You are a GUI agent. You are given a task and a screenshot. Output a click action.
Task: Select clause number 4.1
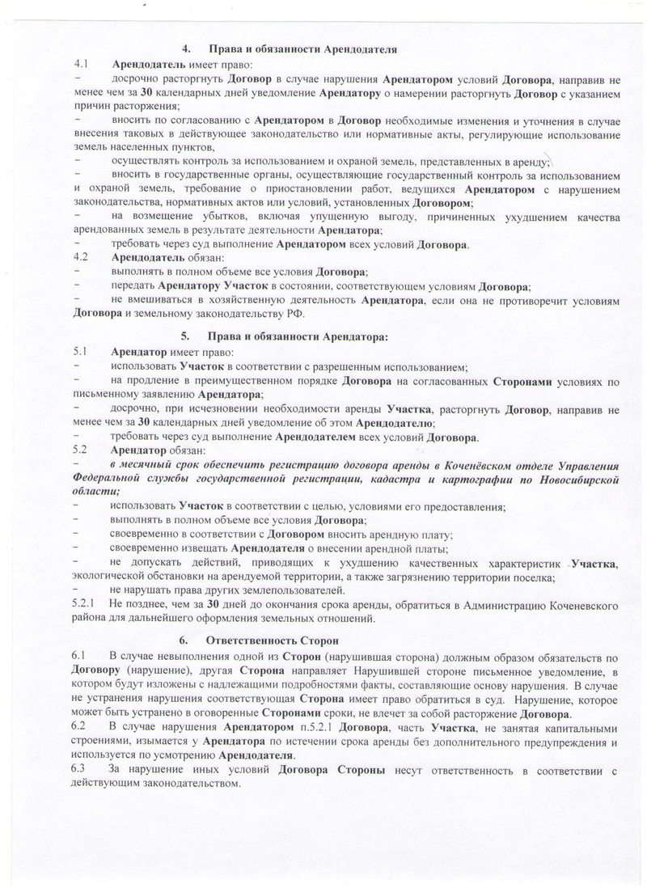pos(81,63)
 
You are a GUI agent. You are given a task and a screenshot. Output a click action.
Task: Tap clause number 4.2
pos(81,257)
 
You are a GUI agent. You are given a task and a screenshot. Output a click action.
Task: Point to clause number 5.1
pos(81,353)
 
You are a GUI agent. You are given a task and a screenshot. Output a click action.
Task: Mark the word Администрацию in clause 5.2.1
pos(464,605)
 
